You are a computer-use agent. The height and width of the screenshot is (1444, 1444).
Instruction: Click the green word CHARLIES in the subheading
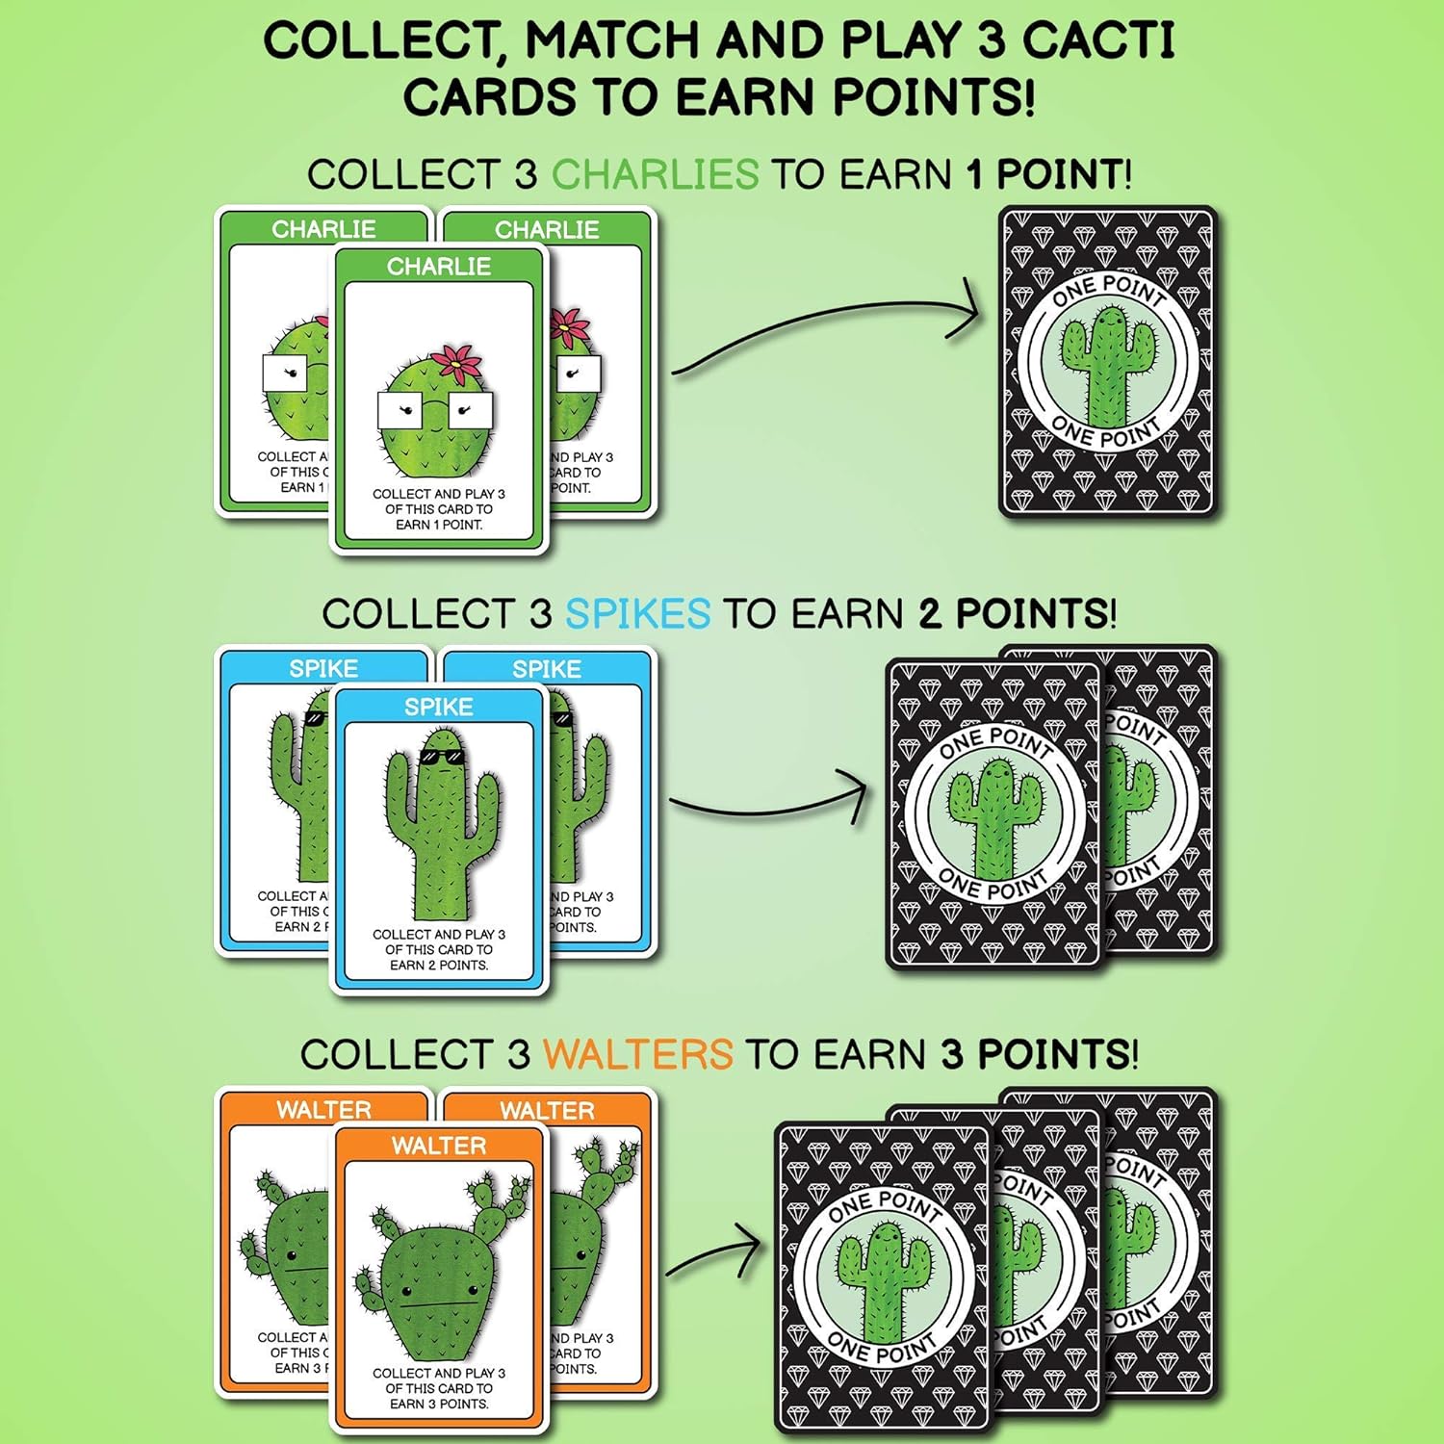(x=655, y=175)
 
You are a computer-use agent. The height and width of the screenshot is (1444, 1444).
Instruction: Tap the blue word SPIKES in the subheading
(x=637, y=614)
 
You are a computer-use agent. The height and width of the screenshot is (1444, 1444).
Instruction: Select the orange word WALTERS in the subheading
(x=637, y=1054)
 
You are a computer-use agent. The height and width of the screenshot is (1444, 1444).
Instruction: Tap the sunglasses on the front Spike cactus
(x=441, y=758)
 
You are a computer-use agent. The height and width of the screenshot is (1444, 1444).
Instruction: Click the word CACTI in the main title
(x=1097, y=41)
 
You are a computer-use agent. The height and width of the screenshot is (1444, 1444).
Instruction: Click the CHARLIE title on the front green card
(x=439, y=267)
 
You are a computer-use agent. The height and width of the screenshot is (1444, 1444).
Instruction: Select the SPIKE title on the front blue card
(x=439, y=707)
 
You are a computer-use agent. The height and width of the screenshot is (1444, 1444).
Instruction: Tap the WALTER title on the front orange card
(x=439, y=1146)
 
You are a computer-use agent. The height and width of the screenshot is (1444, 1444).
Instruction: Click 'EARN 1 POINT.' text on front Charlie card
(x=439, y=525)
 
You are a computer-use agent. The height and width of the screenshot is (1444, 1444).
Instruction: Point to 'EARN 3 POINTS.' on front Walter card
(x=439, y=1404)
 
